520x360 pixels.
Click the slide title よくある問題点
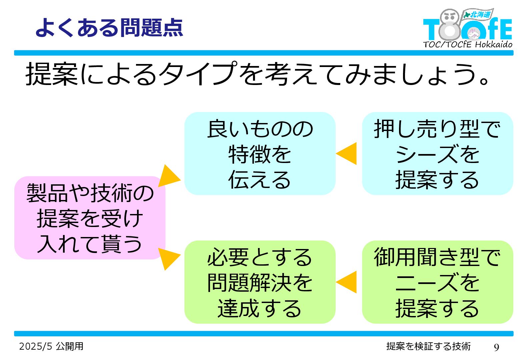click(x=109, y=27)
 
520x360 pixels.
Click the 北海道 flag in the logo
click(x=478, y=14)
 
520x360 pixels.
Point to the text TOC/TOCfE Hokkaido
click(x=467, y=44)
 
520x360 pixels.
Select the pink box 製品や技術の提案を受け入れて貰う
click(x=90, y=218)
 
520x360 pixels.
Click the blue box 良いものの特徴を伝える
click(x=260, y=154)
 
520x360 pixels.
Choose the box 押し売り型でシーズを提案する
click(x=437, y=154)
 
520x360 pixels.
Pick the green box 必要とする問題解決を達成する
click(x=260, y=282)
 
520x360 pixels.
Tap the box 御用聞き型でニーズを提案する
click(x=437, y=282)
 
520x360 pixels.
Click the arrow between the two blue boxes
click(x=348, y=154)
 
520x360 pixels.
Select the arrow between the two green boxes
click(x=348, y=282)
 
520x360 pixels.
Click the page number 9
click(x=496, y=347)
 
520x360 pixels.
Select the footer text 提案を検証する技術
click(x=428, y=346)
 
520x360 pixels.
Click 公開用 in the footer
click(x=70, y=346)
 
